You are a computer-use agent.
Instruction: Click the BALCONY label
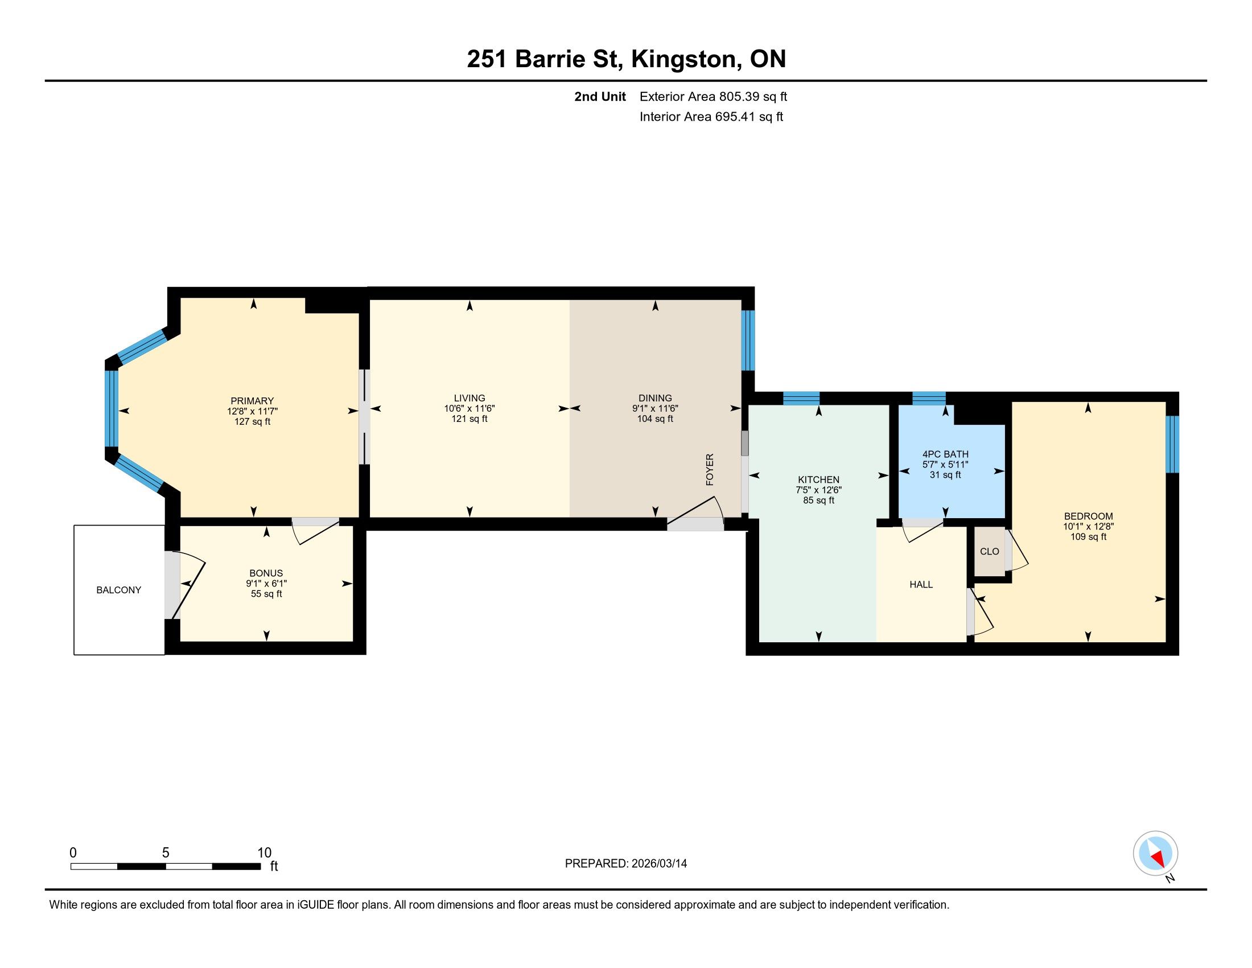click(x=119, y=590)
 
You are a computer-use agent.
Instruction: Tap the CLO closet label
click(x=990, y=551)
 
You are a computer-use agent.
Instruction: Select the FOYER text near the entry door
click(x=710, y=470)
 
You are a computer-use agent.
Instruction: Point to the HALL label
click(x=921, y=584)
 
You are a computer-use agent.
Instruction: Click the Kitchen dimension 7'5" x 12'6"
click(x=818, y=490)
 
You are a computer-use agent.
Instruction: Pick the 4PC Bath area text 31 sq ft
click(x=945, y=475)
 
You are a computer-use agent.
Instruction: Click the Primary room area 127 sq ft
click(x=252, y=421)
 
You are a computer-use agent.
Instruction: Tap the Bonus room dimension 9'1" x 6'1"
click(x=266, y=583)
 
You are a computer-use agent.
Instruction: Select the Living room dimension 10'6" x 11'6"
click(x=469, y=408)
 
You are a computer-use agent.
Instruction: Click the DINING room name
click(x=655, y=398)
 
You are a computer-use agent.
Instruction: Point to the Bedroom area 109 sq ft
click(x=1088, y=537)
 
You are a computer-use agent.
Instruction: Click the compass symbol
click(x=1156, y=853)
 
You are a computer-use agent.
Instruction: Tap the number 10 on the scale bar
click(x=263, y=852)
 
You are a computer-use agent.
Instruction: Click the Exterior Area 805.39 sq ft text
click(x=713, y=96)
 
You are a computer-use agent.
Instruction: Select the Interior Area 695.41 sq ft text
click(x=711, y=117)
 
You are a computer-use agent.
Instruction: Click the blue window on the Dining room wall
click(x=748, y=341)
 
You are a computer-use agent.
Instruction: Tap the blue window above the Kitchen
click(x=801, y=398)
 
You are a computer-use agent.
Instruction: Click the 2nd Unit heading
click(x=600, y=96)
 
